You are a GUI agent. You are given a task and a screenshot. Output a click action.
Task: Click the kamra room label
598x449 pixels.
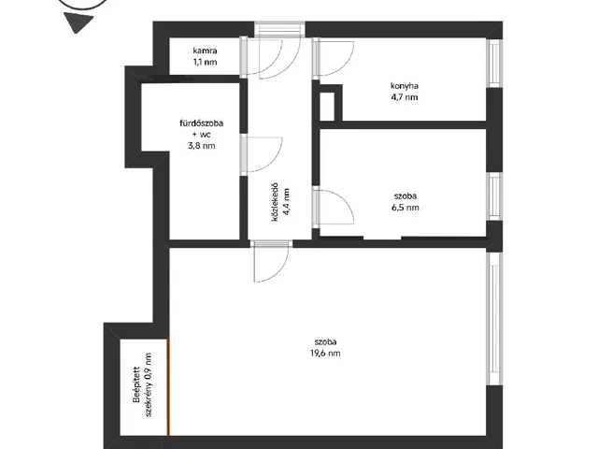point(206,51)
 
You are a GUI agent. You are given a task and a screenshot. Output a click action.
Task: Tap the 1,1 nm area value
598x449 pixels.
point(206,62)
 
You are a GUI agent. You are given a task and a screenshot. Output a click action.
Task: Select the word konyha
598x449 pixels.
point(404,86)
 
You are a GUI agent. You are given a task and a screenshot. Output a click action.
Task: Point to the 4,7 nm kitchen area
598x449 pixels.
point(404,97)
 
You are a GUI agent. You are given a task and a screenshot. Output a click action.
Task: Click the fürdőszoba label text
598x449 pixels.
point(202,123)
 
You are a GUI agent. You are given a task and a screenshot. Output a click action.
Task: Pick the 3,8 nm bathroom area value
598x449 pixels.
point(202,146)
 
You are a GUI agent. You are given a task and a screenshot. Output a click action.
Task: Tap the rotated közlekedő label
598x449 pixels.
point(275,202)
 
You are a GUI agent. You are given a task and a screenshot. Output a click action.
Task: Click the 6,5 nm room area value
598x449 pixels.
point(405,208)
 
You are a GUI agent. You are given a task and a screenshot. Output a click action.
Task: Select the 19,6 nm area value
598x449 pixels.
point(325,354)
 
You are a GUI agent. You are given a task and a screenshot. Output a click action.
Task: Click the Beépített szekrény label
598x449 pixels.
point(142,384)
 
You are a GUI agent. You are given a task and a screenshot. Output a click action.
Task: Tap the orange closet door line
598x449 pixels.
point(168,386)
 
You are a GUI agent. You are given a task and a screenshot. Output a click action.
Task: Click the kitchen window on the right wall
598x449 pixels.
point(494,63)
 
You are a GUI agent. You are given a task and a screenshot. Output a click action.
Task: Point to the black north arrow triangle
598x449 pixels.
point(78,22)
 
